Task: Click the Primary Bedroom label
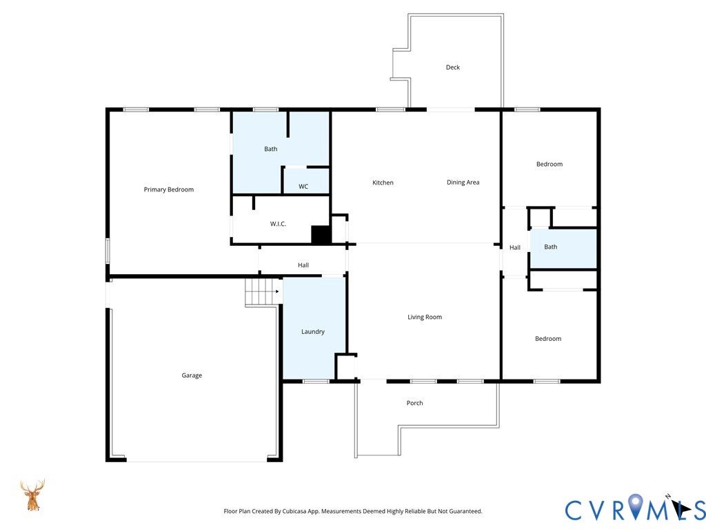coord(169,189)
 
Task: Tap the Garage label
coord(192,375)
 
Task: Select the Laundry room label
coord(313,331)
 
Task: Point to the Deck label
coord(453,67)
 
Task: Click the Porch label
coord(414,403)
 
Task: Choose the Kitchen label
coord(383,182)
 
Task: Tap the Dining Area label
coord(463,182)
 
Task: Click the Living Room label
coord(425,317)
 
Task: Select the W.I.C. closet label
coord(279,224)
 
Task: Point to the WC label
coord(303,186)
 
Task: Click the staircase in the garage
coord(263,292)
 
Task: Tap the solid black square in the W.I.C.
coord(321,235)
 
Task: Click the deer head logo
coord(32,495)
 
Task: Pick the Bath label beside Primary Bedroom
coord(270,149)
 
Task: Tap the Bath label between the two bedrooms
coord(551,247)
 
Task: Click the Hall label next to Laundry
coord(303,265)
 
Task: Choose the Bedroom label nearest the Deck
coord(549,164)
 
